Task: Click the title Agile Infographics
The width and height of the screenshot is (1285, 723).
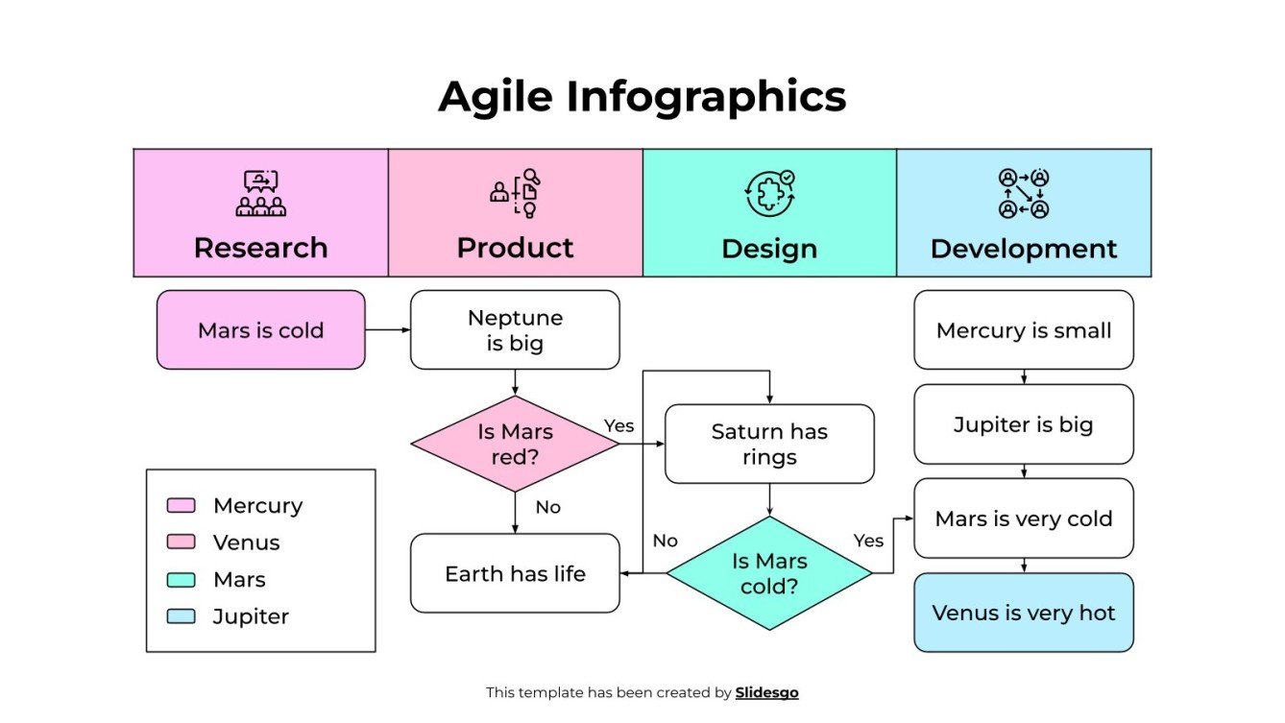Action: (x=642, y=97)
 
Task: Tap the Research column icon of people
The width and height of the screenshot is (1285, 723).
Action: (x=260, y=193)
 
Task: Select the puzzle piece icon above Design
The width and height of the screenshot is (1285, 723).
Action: (x=769, y=193)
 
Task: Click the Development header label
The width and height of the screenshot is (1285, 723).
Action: (x=1023, y=249)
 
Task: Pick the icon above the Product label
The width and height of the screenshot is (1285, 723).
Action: (x=516, y=193)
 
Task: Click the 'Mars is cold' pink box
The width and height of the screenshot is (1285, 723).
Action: (x=260, y=330)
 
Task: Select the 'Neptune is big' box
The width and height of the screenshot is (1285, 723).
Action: (x=515, y=330)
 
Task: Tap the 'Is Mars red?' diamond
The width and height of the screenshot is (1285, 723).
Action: (x=515, y=444)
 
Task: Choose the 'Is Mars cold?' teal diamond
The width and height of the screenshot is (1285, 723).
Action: (x=769, y=573)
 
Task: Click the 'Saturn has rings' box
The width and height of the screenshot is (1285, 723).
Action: (x=769, y=444)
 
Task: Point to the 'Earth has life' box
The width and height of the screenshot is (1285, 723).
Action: (x=515, y=573)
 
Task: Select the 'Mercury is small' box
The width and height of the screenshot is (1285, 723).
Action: (x=1023, y=330)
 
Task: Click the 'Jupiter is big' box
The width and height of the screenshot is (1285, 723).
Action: (x=1023, y=424)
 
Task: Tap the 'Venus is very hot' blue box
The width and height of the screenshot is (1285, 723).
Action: (x=1023, y=613)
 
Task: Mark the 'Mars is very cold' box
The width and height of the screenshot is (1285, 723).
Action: (x=1023, y=518)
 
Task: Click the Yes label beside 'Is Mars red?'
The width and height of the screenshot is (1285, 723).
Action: (x=618, y=425)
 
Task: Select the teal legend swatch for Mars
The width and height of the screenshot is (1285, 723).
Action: (x=181, y=580)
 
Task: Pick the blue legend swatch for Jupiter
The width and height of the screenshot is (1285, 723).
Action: (x=181, y=616)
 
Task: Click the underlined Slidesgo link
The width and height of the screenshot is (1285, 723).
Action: (x=766, y=692)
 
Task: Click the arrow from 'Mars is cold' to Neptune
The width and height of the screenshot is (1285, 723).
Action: (x=388, y=330)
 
